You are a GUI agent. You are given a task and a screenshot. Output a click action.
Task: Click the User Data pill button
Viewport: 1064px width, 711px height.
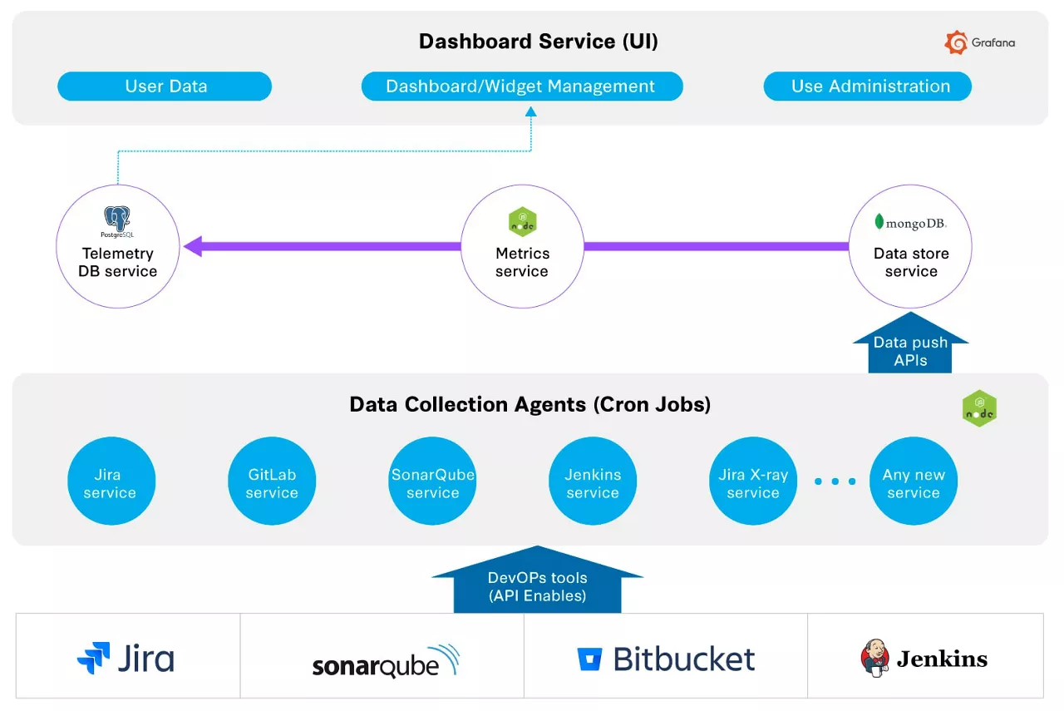click(x=165, y=86)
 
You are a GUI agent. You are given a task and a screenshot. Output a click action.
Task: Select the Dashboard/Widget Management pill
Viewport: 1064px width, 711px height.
click(x=521, y=86)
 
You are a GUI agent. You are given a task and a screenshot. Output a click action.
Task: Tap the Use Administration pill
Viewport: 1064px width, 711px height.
click(x=868, y=86)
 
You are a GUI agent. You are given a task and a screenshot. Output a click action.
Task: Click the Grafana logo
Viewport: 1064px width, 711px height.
click(x=980, y=42)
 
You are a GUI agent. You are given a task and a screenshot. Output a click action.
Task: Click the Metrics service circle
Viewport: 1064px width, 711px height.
click(x=522, y=246)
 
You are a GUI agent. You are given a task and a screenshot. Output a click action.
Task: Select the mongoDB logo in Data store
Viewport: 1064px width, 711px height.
click(x=910, y=223)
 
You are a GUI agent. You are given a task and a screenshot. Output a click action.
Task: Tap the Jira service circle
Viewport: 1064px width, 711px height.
click(x=111, y=482)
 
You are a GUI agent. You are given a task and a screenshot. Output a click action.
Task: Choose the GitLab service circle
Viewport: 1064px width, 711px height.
click(x=272, y=482)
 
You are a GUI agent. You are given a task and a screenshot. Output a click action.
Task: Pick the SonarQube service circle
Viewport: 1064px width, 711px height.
click(x=432, y=482)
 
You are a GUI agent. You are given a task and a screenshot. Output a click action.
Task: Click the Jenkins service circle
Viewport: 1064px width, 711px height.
click(x=593, y=482)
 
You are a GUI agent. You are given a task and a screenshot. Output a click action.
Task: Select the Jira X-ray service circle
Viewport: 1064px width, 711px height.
click(x=753, y=482)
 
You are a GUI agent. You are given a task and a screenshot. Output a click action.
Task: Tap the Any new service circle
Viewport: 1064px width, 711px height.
click(x=914, y=482)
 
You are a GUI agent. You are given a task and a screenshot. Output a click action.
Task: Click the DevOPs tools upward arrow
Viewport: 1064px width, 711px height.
click(x=537, y=582)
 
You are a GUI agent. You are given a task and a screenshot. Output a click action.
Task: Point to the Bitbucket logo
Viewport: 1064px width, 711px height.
click(x=666, y=659)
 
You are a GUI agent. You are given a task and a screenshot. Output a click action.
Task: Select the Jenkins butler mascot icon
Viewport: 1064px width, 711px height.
click(x=874, y=658)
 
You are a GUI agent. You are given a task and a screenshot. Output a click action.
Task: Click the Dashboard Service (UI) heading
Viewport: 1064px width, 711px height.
click(x=538, y=42)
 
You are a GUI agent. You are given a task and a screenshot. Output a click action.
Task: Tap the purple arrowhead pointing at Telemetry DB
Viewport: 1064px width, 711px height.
click(x=193, y=246)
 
